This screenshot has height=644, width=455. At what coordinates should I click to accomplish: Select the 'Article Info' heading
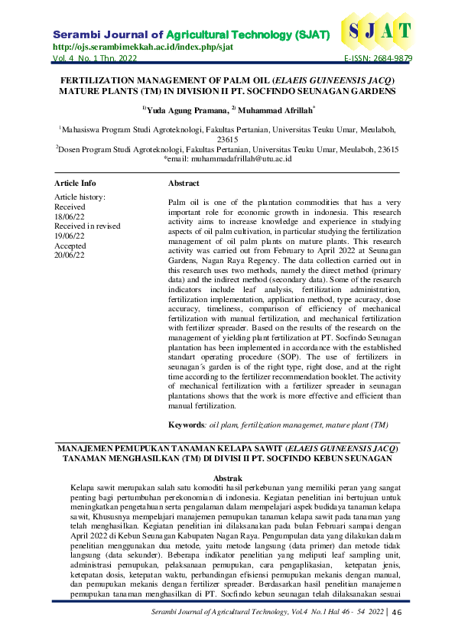point(75,184)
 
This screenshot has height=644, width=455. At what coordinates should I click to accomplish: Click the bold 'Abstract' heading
point(184,184)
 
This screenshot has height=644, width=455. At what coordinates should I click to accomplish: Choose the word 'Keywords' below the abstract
point(186,424)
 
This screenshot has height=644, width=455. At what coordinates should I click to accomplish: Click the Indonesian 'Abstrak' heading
point(227,477)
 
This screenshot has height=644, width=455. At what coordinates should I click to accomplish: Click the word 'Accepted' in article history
point(71,246)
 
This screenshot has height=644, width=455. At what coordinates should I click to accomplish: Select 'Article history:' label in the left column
point(80,197)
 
